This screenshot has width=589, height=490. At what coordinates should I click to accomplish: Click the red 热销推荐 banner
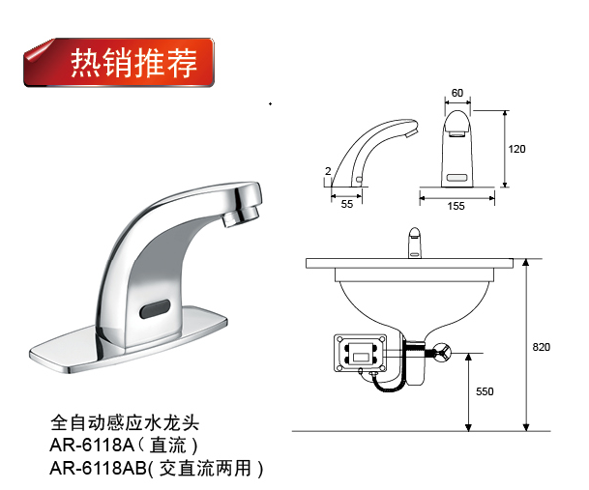pos(119,62)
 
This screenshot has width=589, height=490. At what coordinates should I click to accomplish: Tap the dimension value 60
pos(457,93)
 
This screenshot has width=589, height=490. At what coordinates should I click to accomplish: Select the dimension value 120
pos(516,149)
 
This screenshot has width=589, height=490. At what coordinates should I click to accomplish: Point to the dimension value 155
pos(456,206)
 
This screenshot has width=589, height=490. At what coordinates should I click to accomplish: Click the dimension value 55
pos(347,204)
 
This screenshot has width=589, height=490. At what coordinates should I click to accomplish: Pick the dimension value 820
pos(542,347)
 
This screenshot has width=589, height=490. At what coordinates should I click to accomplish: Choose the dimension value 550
pos(485,391)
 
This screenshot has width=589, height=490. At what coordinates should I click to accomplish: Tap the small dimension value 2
pos(328,171)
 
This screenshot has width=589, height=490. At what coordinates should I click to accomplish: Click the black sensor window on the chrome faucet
pos(155,308)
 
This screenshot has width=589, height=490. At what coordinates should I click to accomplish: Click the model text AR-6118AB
pos(98,468)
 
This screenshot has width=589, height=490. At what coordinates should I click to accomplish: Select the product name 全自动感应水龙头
pos(125,423)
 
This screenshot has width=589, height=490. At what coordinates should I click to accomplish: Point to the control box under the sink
pos(360,354)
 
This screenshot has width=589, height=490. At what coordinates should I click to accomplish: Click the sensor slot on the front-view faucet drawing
pos(457,177)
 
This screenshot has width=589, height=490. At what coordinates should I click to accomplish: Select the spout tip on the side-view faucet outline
pos(412,130)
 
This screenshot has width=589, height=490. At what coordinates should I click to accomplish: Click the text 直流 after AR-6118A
pos(167,446)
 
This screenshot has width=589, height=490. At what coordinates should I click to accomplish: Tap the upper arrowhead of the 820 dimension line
pos(526,262)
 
